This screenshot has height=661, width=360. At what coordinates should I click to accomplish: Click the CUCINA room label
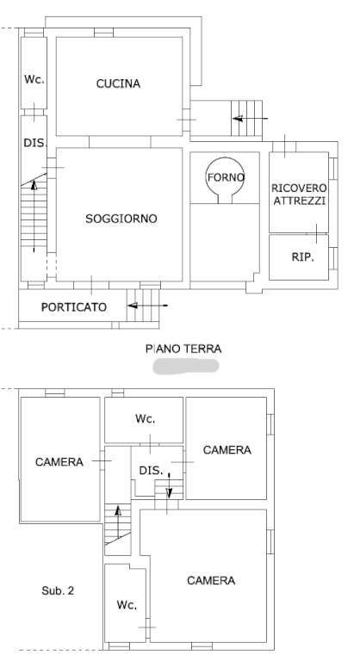(118, 83)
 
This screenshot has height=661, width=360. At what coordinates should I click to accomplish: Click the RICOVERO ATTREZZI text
(299, 195)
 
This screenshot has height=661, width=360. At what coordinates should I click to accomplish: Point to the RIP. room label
(302, 256)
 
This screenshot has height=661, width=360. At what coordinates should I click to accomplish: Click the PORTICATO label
(74, 307)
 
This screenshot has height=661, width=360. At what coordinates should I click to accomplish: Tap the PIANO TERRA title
(183, 349)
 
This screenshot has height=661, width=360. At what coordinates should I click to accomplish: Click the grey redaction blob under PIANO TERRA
(186, 366)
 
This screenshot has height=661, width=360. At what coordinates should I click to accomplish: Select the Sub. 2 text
(58, 590)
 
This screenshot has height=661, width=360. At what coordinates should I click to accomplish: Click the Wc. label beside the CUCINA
(34, 79)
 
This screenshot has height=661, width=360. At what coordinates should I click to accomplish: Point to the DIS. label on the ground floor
(34, 143)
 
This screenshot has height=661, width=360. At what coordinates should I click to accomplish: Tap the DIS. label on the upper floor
(151, 470)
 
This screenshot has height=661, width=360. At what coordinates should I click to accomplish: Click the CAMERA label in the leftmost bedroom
(59, 462)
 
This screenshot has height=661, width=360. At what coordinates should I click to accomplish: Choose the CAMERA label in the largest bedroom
(211, 580)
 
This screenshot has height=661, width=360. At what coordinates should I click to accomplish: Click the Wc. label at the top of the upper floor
(146, 418)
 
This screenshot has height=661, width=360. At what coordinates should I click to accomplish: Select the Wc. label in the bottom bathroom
(127, 605)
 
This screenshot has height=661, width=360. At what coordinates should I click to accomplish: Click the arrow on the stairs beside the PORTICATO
(147, 306)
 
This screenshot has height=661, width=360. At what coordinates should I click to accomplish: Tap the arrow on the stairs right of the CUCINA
(251, 119)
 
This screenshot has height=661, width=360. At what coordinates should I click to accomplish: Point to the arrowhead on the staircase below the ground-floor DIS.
(34, 184)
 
